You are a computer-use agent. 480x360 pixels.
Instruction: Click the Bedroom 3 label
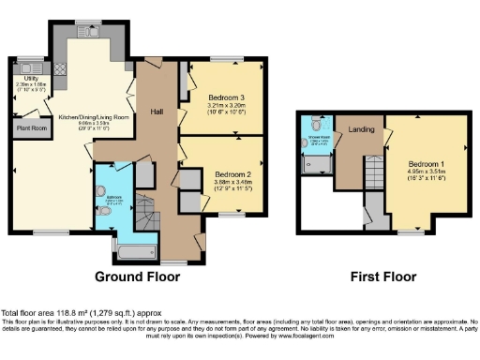coord(226,97)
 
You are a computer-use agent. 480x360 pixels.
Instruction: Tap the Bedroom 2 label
coord(232,174)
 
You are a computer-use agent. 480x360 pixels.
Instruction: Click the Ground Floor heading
coord(143,277)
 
